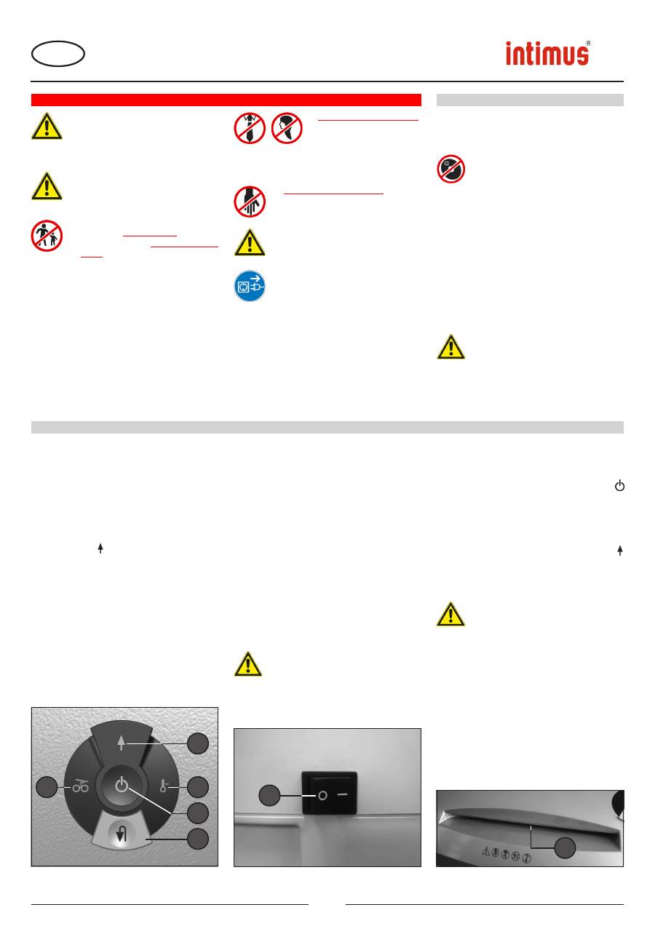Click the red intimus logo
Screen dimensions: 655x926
548,53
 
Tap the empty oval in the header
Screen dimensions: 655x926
58,54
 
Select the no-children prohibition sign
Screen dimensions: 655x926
47,236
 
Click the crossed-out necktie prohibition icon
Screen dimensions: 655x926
250,128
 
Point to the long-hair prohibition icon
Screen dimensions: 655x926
287,128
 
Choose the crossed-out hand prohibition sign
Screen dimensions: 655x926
250,201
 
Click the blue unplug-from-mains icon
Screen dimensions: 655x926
250,286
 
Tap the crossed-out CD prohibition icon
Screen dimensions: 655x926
450,169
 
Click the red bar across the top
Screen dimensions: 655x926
226,100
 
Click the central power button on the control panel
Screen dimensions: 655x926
122,785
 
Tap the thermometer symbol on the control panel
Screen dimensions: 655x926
164,786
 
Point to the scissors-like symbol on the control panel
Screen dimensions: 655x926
81,786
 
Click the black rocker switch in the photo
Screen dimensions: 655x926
330,793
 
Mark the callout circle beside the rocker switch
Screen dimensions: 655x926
269,795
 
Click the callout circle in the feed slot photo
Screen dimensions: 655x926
565,847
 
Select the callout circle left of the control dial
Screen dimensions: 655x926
47,787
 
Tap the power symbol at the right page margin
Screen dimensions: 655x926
619,485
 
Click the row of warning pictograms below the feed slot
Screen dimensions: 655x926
506,854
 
